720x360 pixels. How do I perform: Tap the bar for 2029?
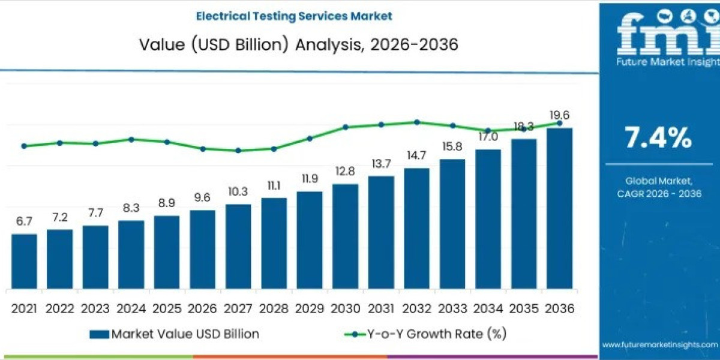click(310, 240)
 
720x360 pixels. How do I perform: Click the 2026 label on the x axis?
click(202, 308)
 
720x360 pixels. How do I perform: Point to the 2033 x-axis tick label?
click(452, 308)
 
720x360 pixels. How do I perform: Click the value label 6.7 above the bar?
click(24, 221)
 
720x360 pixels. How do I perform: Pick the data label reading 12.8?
click(345, 172)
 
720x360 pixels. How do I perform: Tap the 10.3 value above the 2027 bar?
click(238, 192)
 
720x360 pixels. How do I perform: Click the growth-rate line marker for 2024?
click(131, 139)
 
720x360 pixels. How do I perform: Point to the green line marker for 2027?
click(238, 151)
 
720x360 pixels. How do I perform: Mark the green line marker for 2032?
click(416, 122)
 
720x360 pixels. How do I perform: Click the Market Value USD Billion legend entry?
click(175, 334)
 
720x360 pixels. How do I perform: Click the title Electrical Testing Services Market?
click(294, 16)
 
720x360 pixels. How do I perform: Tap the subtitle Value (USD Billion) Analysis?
click(294, 45)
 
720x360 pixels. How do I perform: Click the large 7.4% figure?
click(658, 138)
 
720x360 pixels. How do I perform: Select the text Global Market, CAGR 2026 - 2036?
click(659, 187)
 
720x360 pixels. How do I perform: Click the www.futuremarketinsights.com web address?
click(659, 344)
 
